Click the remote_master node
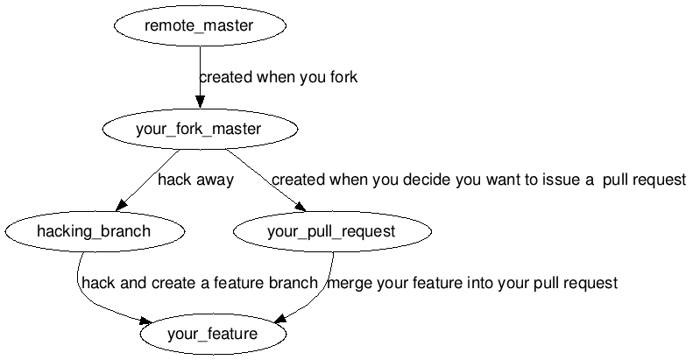point(200,26)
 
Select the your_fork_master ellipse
point(200,130)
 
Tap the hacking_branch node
point(94,232)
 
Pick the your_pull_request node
point(331,232)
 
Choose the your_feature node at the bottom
point(213,334)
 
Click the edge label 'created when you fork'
point(278,77)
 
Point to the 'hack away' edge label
point(195,180)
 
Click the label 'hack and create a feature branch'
point(199,283)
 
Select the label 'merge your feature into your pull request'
point(472,283)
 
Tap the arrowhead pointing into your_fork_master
point(200,101)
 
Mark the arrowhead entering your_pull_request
point(301,206)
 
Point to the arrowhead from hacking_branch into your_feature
point(150,321)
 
